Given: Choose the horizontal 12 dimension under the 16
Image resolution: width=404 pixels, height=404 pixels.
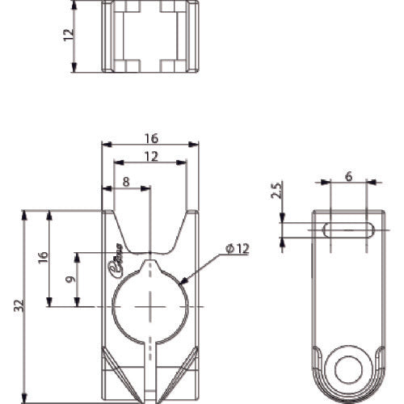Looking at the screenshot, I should coord(151,157).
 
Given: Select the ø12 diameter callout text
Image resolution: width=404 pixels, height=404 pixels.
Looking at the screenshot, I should coord(238,250).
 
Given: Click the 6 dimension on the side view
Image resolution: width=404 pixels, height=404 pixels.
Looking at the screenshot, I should coord(347,175).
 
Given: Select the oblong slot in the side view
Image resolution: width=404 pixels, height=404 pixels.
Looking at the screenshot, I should coord(347,230).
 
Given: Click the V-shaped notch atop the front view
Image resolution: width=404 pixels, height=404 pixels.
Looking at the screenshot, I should coord(150,234).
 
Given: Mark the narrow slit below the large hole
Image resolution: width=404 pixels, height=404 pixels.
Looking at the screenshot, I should coord(150,364).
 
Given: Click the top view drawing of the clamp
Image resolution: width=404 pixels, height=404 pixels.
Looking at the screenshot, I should coord(150,37).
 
